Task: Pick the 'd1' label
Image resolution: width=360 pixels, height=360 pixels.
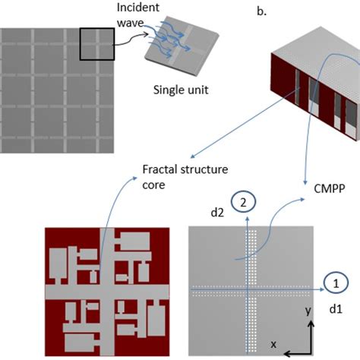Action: click(336, 310)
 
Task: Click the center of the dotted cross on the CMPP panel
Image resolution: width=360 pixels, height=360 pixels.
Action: click(248, 289)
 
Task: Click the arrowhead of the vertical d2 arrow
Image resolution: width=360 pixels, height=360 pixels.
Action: click(248, 218)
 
